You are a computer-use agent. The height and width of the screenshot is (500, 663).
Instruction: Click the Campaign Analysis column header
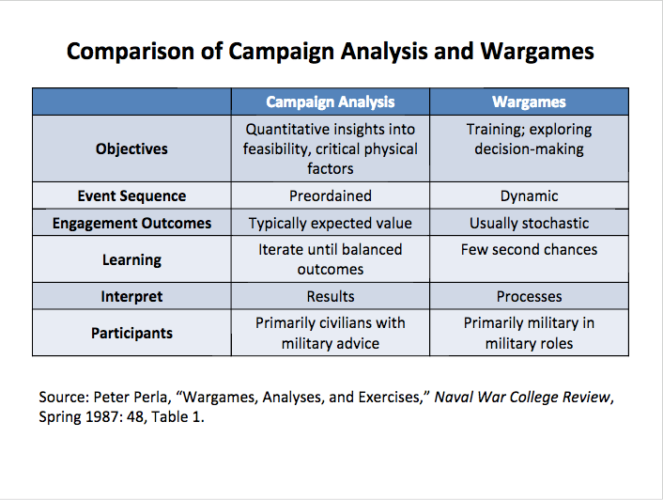tap(331, 102)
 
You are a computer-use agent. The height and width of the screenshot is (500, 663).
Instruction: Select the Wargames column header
tap(529, 102)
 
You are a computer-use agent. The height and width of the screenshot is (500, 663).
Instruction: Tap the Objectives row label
tap(131, 148)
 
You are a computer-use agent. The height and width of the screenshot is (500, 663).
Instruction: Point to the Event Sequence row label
tap(131, 195)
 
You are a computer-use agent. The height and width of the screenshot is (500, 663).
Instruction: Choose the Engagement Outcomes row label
tap(131, 223)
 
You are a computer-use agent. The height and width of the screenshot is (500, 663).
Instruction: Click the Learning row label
tap(131, 259)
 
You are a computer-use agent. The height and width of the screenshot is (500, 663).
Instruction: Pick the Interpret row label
tap(131, 296)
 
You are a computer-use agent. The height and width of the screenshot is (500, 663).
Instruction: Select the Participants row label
tap(131, 333)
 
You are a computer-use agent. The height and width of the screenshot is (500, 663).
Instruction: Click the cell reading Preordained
tap(331, 195)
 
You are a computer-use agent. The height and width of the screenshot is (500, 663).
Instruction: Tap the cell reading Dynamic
tap(529, 195)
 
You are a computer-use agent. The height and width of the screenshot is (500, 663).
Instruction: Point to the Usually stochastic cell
tap(529, 223)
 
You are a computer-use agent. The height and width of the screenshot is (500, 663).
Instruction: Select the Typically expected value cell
tap(331, 223)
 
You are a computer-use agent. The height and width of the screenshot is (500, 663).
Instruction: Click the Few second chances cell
tap(529, 250)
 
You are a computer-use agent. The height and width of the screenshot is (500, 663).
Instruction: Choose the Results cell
tap(331, 296)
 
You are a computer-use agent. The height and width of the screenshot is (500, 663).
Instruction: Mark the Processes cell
tap(529, 296)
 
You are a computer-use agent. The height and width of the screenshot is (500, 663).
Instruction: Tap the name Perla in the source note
tap(151, 397)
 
